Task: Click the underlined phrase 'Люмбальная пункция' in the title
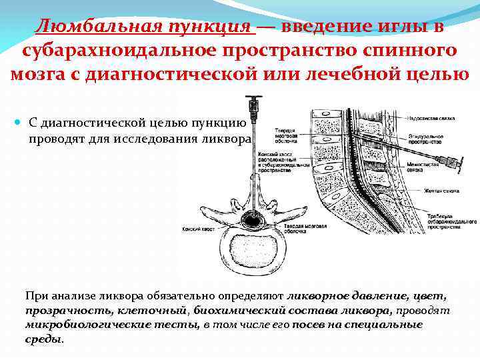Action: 145,26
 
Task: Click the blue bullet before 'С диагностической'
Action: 18,123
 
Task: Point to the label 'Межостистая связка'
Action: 441,165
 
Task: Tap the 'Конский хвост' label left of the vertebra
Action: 197,229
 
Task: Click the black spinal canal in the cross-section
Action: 253,219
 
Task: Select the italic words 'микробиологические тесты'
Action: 111,325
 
